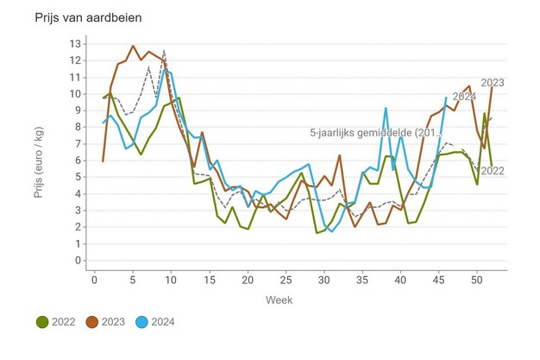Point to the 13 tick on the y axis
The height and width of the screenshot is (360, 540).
coord(75,43)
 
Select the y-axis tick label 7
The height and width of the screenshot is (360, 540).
coord(78,143)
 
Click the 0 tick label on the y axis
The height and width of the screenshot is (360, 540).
coord(78,261)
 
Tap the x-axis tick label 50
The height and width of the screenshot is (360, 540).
coord(477,280)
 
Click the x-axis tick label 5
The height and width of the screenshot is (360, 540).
coord(133,280)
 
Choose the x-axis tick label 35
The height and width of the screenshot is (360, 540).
coord(362,280)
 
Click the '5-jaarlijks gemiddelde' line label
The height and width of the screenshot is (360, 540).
coord(374,133)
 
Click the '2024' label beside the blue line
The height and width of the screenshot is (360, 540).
coord(463,97)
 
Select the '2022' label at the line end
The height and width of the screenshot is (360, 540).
coord(492,170)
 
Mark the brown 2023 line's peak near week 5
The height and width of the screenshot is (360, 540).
coord(133,46)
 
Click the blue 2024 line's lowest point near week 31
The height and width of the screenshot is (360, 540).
coord(332,231)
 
